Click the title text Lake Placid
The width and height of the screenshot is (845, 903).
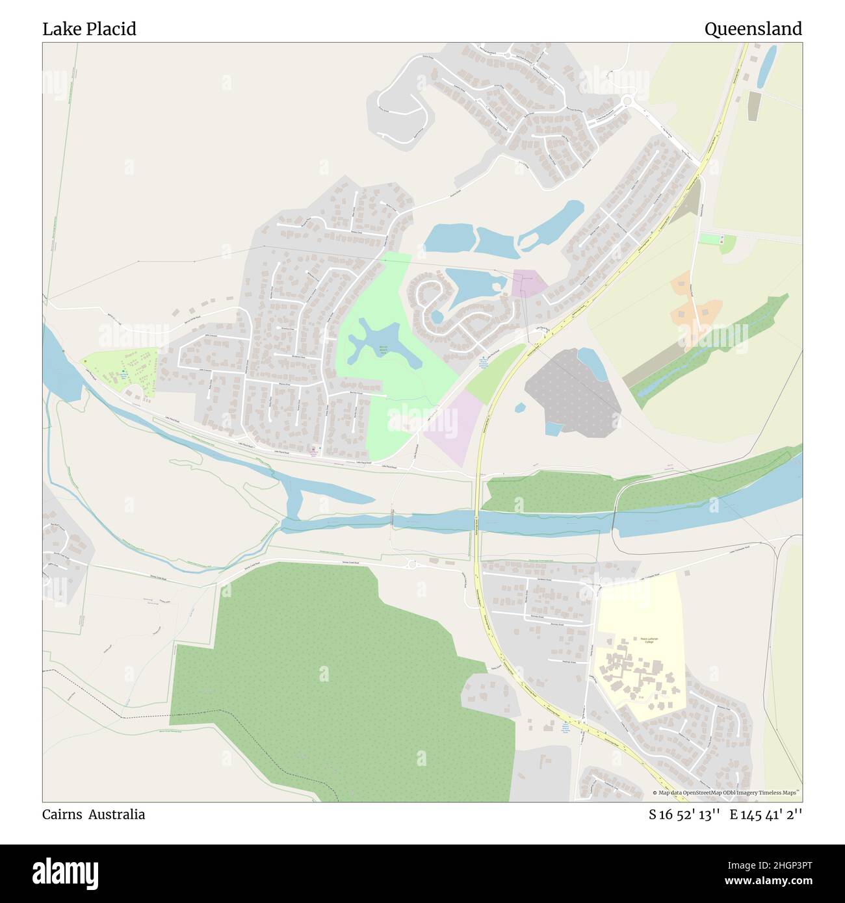tap(89, 29)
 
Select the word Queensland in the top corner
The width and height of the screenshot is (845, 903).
tap(753, 29)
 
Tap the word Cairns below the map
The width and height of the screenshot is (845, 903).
tap(62, 814)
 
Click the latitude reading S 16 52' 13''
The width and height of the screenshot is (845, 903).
tap(684, 814)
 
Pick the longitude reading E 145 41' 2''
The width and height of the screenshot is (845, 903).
tap(766, 814)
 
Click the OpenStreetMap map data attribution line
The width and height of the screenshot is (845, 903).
tap(726, 793)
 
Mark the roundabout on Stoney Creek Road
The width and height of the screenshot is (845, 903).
tap(412, 565)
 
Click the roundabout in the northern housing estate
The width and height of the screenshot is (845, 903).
tap(627, 100)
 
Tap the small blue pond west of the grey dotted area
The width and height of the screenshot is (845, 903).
tap(520, 408)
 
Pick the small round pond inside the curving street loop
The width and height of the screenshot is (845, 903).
tap(437, 316)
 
